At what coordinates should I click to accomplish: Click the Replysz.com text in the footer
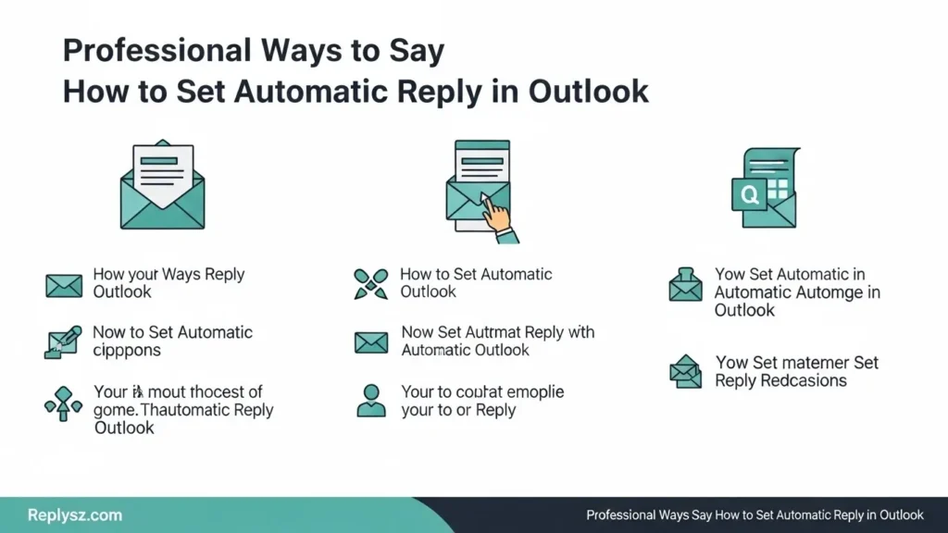[75, 515]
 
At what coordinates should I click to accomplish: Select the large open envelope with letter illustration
[162, 185]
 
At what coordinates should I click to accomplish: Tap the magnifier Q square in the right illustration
[749, 194]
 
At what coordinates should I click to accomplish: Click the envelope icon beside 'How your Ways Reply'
[64, 285]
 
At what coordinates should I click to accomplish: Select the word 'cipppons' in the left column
[127, 350]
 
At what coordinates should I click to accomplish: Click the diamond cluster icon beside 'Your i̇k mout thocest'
[63, 402]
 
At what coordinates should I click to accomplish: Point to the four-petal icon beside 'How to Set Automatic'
[370, 284]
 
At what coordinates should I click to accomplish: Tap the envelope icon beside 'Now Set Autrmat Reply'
[370, 342]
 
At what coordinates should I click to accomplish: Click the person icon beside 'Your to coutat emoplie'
[370, 401]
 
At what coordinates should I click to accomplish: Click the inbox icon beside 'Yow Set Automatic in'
[685, 285]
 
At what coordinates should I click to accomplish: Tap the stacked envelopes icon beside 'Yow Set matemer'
[685, 372]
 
